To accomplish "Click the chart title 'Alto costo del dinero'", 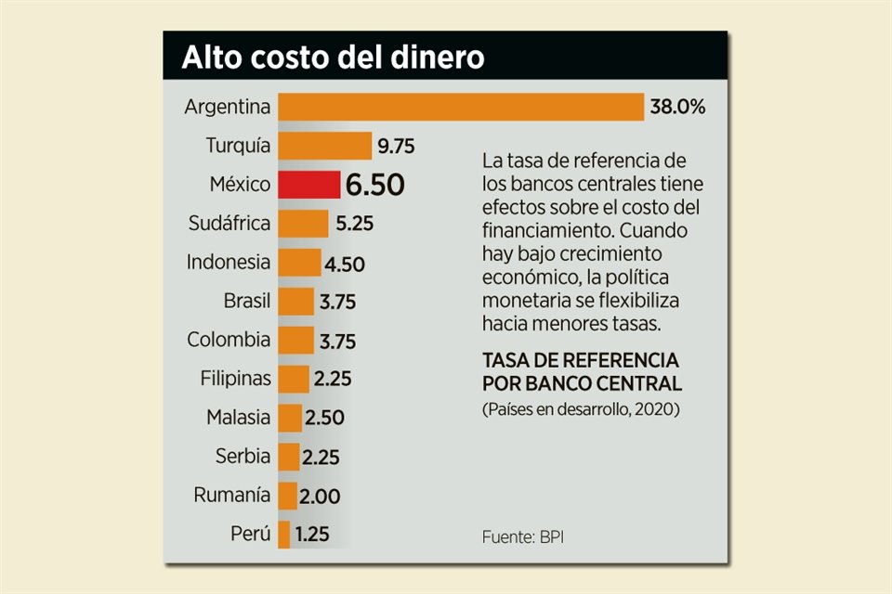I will pyautogui.click(x=333, y=58).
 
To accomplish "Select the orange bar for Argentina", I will pyautogui.click(x=461, y=107).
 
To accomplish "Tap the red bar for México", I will pyautogui.click(x=308, y=185).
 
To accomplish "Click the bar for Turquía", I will pyautogui.click(x=324, y=146).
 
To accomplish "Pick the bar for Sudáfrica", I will pyautogui.click(x=303, y=224).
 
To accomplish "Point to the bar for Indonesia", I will pyautogui.click(x=299, y=263).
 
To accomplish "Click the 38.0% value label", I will pyautogui.click(x=677, y=107).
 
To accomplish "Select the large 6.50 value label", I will pyautogui.click(x=374, y=185).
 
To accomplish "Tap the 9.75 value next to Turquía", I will pyautogui.click(x=396, y=146).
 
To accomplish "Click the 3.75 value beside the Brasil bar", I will pyautogui.click(x=337, y=302).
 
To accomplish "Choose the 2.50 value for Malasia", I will pyautogui.click(x=325, y=418).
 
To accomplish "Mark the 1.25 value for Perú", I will pyautogui.click(x=311, y=535).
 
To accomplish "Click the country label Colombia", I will pyautogui.click(x=229, y=340).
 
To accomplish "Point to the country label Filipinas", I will pyautogui.click(x=236, y=379).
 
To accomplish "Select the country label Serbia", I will pyautogui.click(x=243, y=457).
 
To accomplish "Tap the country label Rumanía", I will pyautogui.click(x=232, y=496).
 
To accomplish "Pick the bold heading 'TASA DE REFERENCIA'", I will pyautogui.click(x=581, y=359).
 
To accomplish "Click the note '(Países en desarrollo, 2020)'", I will pyautogui.click(x=581, y=409).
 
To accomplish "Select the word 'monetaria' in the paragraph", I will pyautogui.click(x=525, y=302).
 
